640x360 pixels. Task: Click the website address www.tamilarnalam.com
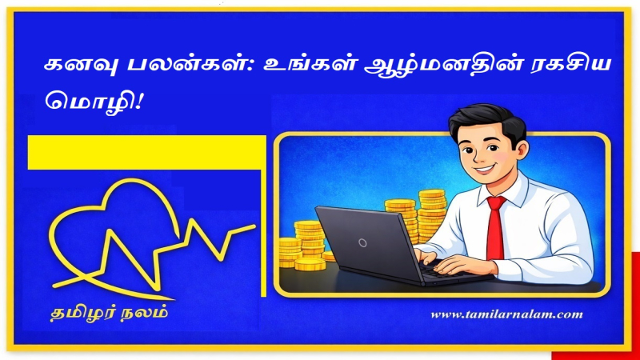click(x=506, y=314)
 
